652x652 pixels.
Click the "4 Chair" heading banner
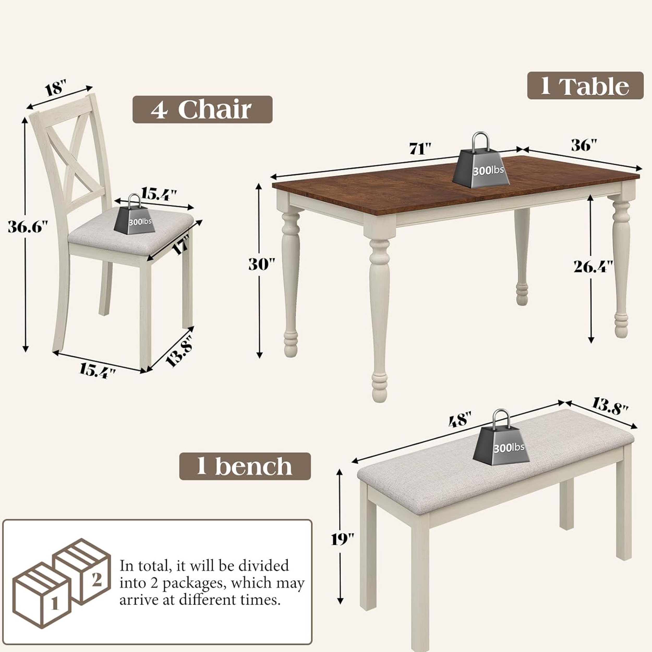click(202, 109)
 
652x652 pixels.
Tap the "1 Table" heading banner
click(585, 86)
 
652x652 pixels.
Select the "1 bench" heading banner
click(245, 466)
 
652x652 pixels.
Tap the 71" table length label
click(420, 149)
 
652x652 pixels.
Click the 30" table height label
click(262, 264)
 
